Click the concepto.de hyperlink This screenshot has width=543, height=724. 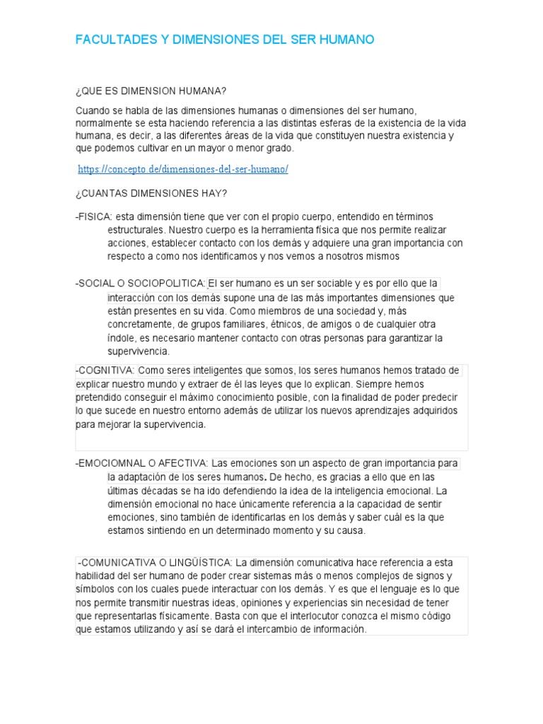pyautogui.click(x=183, y=170)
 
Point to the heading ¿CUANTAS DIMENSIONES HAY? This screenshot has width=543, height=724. pyautogui.click(x=151, y=193)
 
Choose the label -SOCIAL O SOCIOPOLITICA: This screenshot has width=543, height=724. pyautogui.click(x=140, y=284)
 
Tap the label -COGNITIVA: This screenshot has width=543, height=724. pyautogui.click(x=105, y=370)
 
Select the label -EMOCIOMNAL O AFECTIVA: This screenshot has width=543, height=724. pyautogui.click(x=141, y=464)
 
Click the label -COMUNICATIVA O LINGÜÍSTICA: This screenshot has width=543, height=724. pyautogui.click(x=155, y=562)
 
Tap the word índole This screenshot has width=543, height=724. pyautogui.click(x=120, y=338)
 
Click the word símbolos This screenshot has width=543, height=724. pyautogui.click(x=95, y=589)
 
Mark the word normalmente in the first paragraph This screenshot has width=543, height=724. pyautogui.click(x=105, y=124)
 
